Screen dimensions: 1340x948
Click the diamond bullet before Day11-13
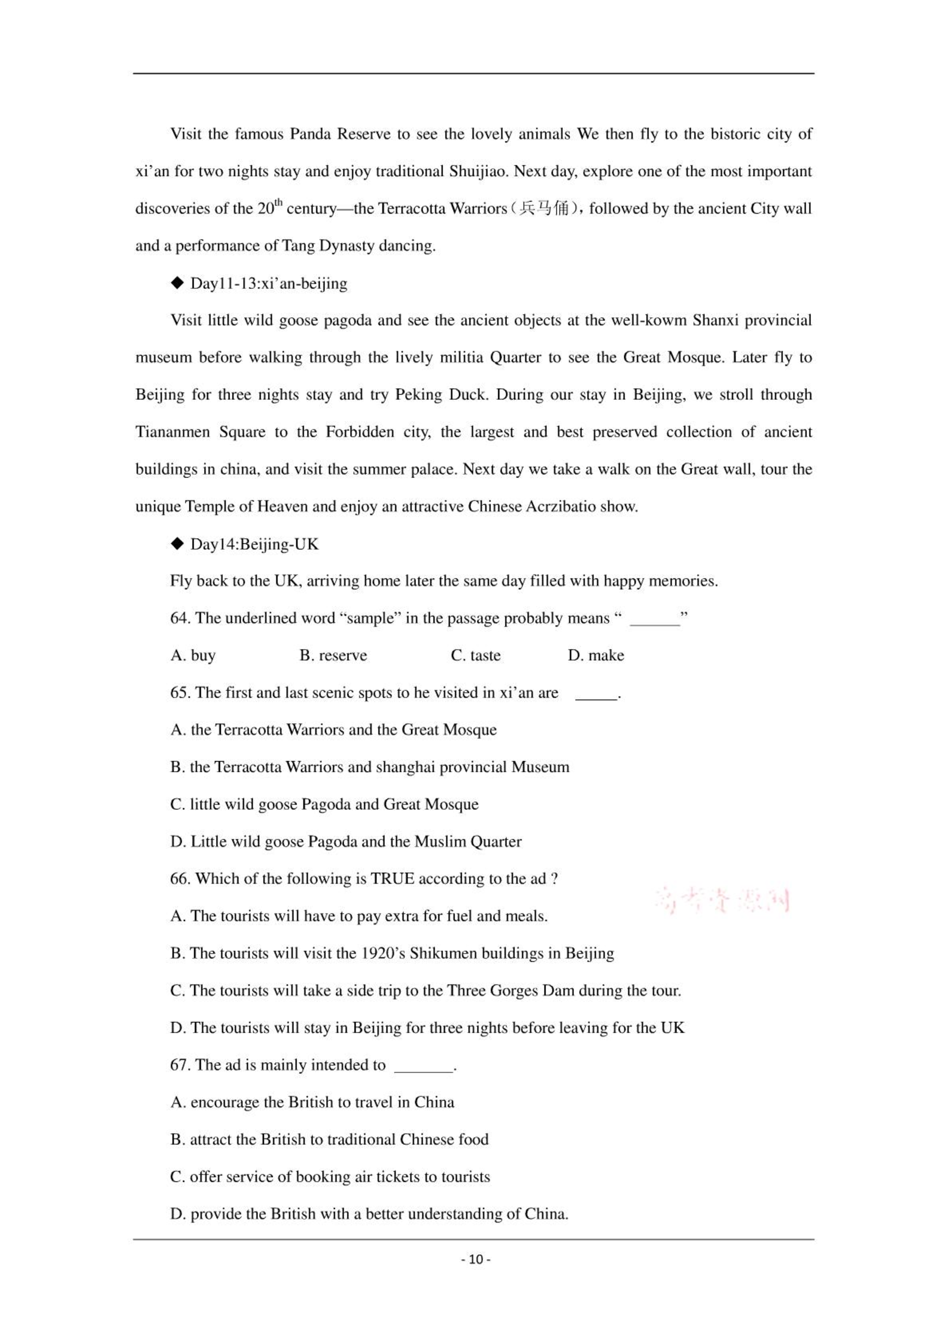(x=177, y=282)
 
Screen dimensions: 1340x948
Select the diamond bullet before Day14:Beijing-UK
(x=177, y=543)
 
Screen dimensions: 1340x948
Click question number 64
(x=180, y=618)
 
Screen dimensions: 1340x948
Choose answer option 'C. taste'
(x=475, y=655)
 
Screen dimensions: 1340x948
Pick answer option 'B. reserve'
(x=333, y=655)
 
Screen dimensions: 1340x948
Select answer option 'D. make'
(x=595, y=655)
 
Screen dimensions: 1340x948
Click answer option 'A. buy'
(x=193, y=655)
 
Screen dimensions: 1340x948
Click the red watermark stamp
(x=722, y=901)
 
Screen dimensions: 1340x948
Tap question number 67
(x=180, y=1065)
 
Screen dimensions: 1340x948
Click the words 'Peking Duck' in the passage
(x=440, y=395)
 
